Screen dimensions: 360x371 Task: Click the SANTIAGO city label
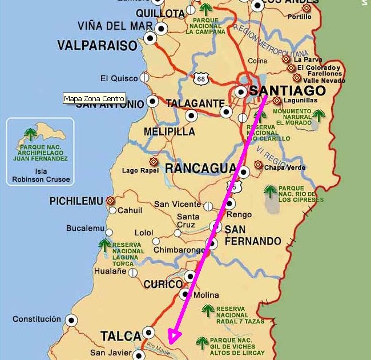point(288,91)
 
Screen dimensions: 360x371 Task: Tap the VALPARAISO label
point(97,46)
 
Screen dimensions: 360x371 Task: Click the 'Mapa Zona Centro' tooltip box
point(94,98)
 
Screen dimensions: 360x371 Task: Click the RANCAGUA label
point(200,168)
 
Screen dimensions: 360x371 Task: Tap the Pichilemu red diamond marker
point(110,201)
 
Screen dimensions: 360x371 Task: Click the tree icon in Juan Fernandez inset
point(29,135)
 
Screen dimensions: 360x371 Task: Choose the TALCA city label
point(120,335)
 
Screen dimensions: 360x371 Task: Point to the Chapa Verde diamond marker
point(258,166)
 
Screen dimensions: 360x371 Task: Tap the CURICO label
point(163,284)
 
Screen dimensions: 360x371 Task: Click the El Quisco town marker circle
point(145,78)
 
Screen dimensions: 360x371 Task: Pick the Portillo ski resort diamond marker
point(307,8)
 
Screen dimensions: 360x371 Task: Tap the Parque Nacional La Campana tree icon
point(205,9)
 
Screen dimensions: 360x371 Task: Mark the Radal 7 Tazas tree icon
point(208,311)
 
